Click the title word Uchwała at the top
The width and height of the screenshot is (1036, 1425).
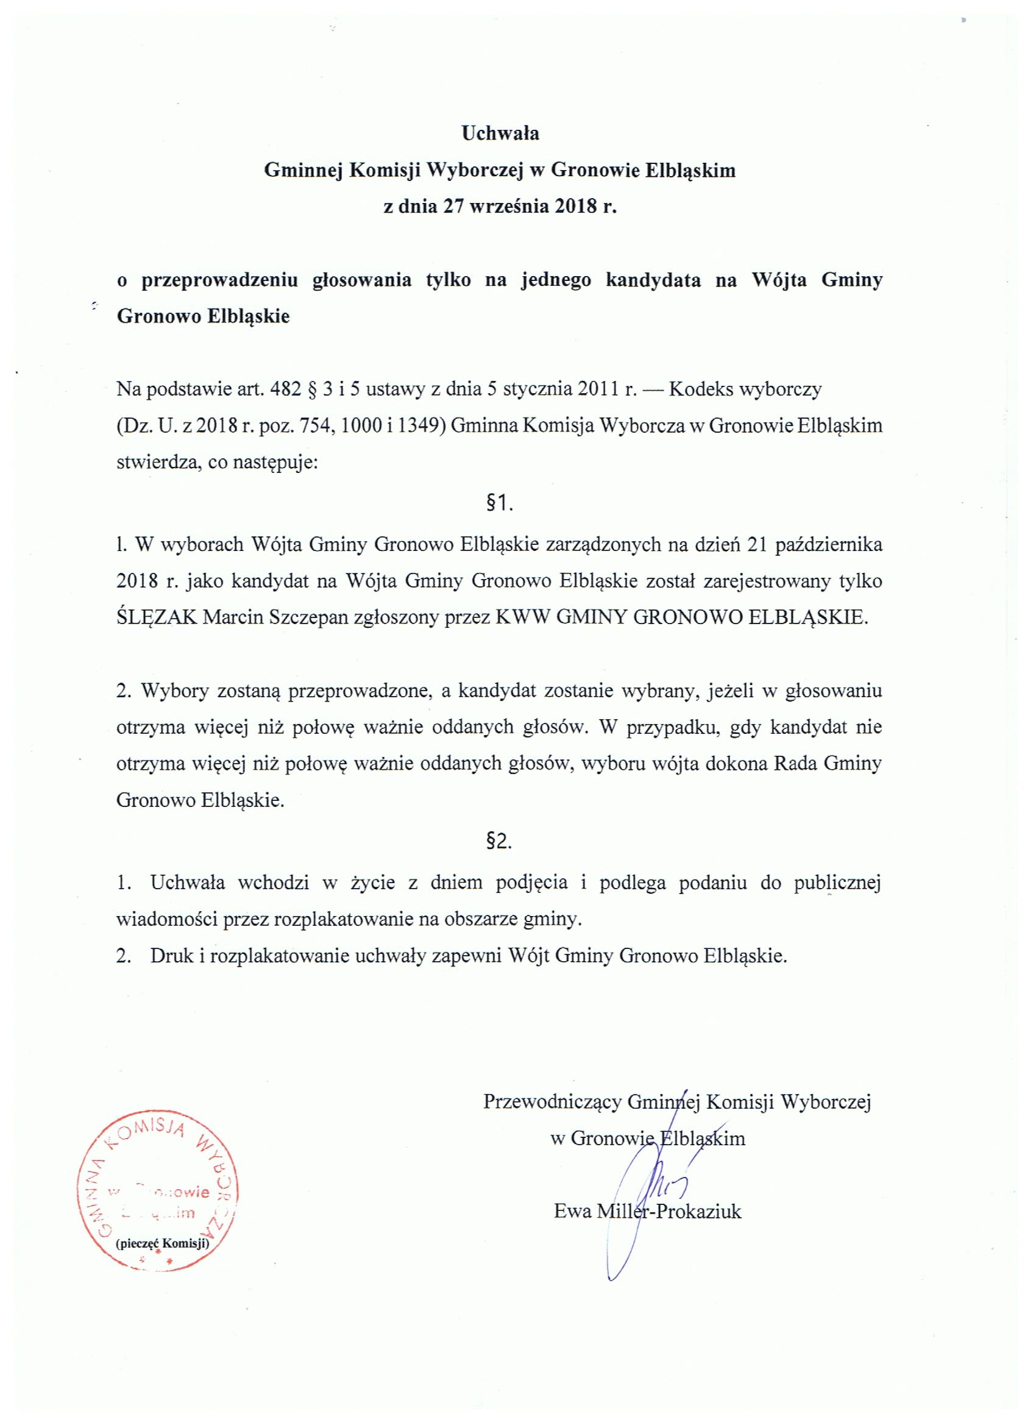coord(500,133)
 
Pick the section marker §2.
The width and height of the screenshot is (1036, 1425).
coord(500,842)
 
